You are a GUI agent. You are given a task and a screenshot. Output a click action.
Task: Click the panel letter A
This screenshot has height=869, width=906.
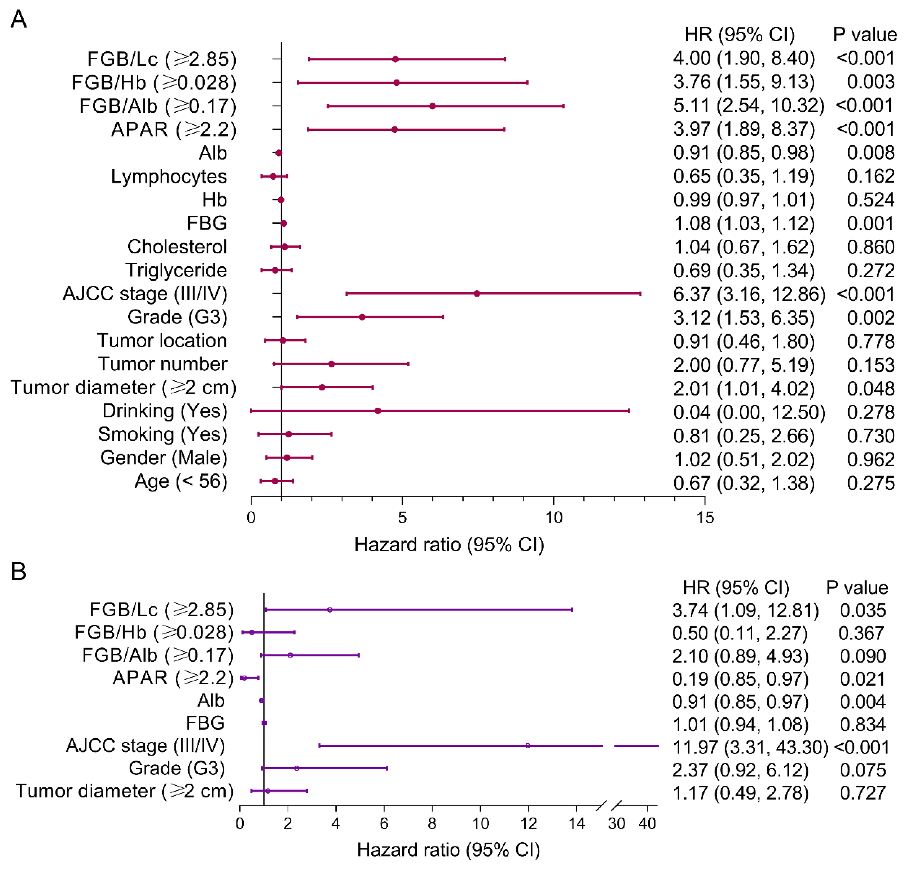(x=19, y=19)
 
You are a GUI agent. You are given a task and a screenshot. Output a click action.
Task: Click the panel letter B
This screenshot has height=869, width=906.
(x=19, y=572)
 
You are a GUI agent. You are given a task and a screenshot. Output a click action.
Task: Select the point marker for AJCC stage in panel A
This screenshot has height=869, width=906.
(x=477, y=294)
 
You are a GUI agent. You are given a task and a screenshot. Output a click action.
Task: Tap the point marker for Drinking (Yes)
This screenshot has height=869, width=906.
(x=378, y=411)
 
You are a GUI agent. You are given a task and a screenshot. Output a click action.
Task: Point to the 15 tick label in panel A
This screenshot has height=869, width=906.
(x=705, y=517)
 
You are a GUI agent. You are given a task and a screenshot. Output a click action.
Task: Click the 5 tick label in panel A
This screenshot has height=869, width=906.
(x=402, y=517)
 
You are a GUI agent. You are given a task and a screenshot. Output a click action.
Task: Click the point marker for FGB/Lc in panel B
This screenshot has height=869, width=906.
(x=330, y=610)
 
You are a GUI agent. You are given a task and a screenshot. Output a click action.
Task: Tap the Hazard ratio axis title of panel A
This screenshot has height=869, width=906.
(x=449, y=544)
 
